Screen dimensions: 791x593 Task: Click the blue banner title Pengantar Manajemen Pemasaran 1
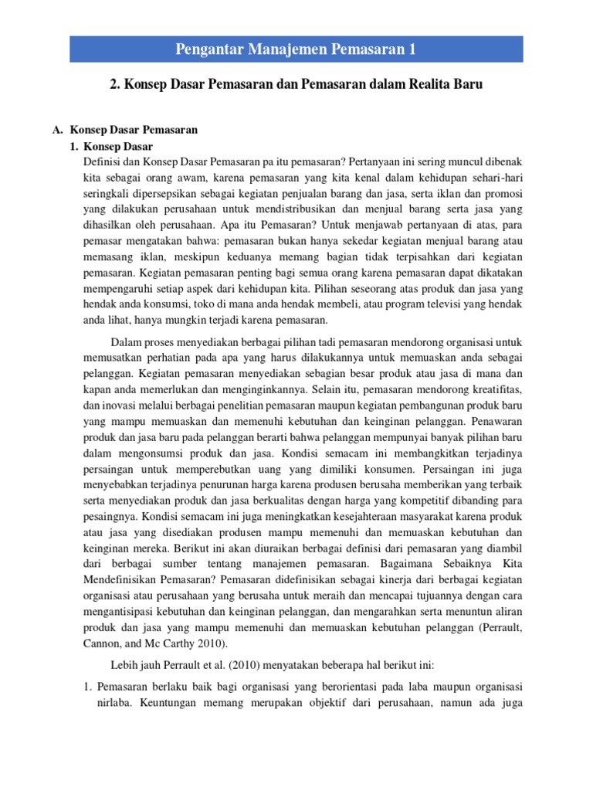point(296,50)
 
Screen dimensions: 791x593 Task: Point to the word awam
point(203,178)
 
